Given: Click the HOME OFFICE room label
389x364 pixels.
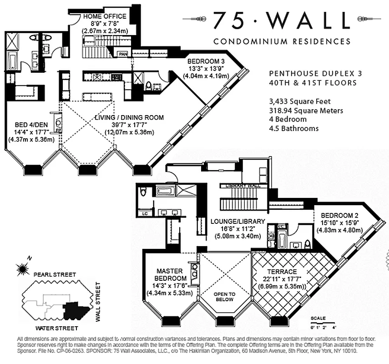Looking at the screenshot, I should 104,17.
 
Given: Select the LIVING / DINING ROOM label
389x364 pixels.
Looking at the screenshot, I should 129,118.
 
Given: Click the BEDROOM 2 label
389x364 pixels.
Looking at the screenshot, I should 339,215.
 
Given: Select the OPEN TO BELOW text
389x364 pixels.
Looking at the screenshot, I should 225,297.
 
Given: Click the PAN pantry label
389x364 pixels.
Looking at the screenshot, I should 123,54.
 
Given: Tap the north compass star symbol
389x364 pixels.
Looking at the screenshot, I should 21,269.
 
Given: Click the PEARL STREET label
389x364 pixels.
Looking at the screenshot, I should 53,275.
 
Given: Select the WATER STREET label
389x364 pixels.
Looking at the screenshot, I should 56,328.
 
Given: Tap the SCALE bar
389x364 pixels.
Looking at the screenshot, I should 323,325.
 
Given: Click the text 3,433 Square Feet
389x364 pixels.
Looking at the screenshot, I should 299,101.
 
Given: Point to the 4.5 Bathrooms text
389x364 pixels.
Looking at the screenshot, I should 293,128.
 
